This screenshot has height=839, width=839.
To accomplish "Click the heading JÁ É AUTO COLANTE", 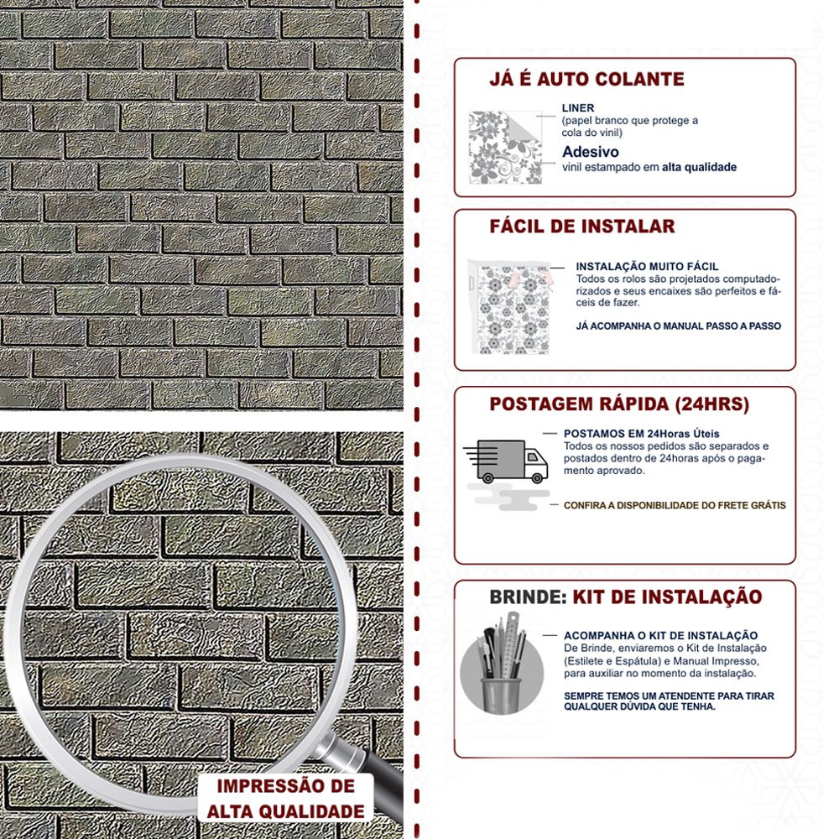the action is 586,79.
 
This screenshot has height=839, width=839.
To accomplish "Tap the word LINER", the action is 578,107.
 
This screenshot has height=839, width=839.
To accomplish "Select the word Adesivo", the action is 591,151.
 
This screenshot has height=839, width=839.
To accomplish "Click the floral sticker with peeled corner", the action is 505,147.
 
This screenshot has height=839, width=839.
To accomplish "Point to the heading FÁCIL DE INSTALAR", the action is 582,227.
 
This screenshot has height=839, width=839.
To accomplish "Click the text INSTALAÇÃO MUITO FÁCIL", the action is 648,266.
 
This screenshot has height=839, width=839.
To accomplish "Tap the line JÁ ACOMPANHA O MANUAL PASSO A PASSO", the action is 679,326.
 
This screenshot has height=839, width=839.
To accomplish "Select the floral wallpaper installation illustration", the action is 509,306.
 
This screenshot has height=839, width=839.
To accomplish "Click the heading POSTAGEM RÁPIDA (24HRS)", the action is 619,404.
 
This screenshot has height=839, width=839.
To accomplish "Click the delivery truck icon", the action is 506,461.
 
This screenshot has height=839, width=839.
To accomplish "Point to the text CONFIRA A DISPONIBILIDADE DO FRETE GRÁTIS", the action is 675,505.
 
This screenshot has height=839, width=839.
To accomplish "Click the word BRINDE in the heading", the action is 528,597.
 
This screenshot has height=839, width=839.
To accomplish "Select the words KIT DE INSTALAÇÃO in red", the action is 667,597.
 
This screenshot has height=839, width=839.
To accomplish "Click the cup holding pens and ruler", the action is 502,695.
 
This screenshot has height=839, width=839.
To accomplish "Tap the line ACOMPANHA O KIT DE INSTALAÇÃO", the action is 661,636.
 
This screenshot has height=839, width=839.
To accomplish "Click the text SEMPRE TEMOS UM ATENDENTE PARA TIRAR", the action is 669,696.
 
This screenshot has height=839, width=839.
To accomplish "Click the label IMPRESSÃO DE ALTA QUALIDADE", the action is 286,799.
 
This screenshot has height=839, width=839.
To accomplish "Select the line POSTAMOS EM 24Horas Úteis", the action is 642,434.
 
